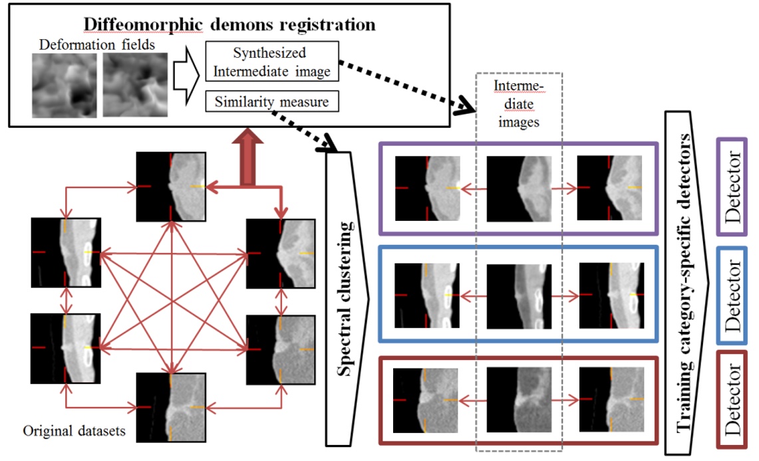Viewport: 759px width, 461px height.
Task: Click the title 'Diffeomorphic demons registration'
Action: pyautogui.click(x=229, y=25)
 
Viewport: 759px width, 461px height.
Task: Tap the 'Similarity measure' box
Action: pyautogui.click(x=273, y=102)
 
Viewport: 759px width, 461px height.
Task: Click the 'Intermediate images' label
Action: pyautogui.click(x=520, y=104)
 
